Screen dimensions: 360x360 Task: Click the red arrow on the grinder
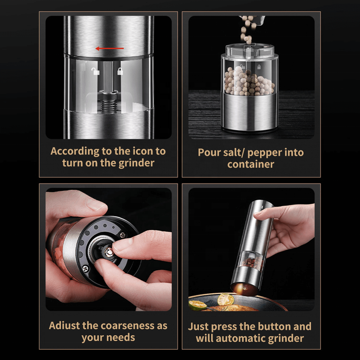(109, 48)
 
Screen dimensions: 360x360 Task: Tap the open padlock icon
(95, 71)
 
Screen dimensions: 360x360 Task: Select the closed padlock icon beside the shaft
(120, 71)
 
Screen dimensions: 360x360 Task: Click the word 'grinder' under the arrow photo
(136, 163)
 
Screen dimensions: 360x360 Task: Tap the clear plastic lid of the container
(250, 51)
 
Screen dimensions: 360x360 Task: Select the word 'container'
(251, 164)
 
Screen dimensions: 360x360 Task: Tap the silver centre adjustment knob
(108, 252)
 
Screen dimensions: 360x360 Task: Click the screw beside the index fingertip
(123, 235)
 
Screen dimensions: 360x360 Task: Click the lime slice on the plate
(225, 299)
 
